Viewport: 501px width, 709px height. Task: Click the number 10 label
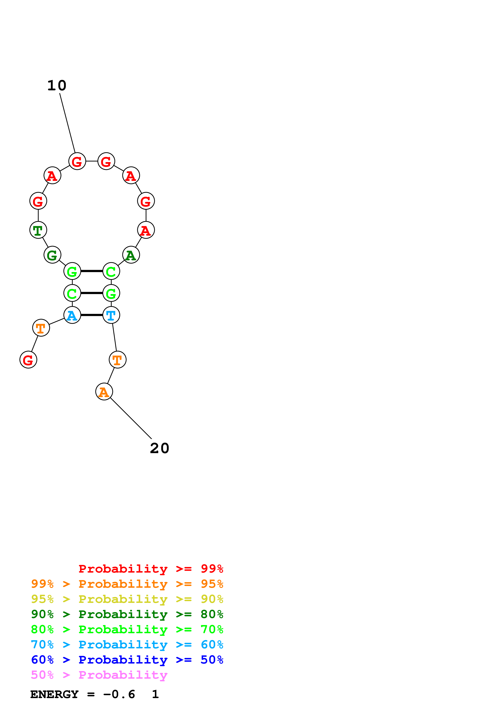tap(57, 85)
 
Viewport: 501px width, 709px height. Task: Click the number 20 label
tap(160, 448)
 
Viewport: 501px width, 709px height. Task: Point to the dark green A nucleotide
tap(131, 255)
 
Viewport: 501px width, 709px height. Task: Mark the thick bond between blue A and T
tap(92, 315)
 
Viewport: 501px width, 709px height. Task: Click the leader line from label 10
tap(67, 123)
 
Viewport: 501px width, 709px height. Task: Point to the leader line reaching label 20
tap(131, 418)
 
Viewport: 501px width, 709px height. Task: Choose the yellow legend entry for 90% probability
tap(127, 599)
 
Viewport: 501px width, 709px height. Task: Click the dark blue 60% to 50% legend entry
tap(127, 660)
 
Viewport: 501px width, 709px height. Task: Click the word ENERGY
tap(54, 694)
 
